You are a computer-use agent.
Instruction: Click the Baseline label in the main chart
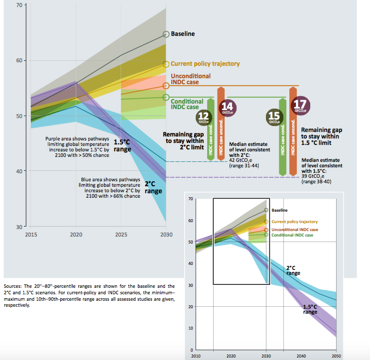coord(183,34)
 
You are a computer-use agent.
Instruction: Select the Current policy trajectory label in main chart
coord(205,64)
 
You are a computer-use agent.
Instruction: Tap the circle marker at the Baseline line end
coord(166,34)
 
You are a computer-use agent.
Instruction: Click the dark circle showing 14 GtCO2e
coord(227,107)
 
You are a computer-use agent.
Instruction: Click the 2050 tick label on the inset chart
coord(337,356)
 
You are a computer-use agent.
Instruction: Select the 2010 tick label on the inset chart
coord(196,356)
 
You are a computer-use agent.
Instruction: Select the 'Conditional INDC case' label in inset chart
coord(292,235)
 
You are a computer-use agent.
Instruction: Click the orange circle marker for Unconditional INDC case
coord(166,86)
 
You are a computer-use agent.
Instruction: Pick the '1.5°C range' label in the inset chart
coord(310,309)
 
